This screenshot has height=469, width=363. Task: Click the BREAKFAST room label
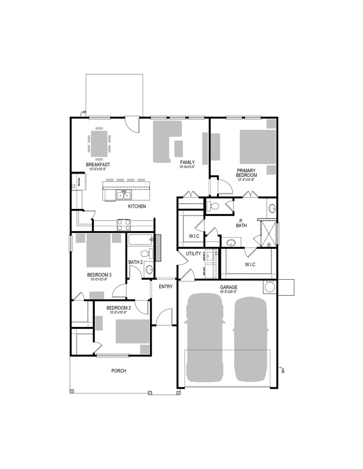98,165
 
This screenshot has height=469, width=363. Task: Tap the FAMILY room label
187,162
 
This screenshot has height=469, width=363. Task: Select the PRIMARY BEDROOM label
246,173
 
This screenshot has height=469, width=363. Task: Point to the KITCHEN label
137,206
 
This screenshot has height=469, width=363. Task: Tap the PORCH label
119,370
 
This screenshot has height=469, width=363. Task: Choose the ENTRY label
166,287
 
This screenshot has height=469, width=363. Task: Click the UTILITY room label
193,254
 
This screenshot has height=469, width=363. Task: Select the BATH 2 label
136,262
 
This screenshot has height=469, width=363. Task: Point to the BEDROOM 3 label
100,275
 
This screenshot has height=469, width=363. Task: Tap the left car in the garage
205,337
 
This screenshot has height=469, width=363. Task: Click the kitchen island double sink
123,196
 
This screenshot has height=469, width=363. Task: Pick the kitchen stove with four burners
123,225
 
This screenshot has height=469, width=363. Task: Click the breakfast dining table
100,144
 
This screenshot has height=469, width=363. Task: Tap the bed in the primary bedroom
257,146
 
